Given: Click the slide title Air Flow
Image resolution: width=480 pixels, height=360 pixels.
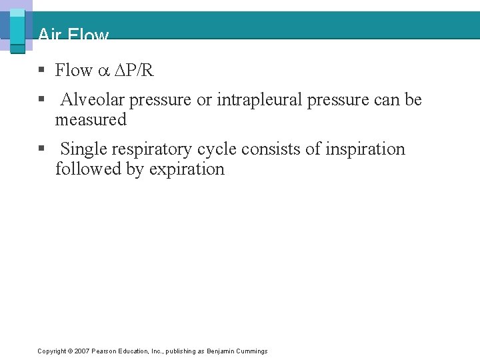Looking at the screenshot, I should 73,35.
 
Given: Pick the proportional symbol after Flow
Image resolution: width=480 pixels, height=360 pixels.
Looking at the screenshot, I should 103,71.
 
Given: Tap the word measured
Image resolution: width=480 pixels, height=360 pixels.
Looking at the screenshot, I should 91,120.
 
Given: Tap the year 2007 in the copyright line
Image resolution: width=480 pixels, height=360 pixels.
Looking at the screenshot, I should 81,351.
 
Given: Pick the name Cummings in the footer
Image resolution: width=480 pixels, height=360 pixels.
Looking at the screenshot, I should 252,351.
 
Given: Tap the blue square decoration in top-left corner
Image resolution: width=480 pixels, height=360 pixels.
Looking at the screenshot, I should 17,29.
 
